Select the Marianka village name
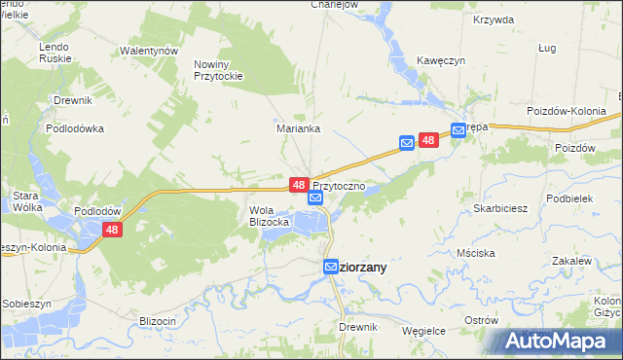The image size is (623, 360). (293, 126)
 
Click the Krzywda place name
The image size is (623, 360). (493, 19)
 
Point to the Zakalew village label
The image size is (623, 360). (571, 262)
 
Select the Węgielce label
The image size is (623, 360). (423, 331)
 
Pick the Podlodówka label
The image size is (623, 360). (75, 127)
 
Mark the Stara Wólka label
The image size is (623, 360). (24, 200)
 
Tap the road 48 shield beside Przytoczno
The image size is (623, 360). (299, 184)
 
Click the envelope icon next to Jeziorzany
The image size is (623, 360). (331, 267)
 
